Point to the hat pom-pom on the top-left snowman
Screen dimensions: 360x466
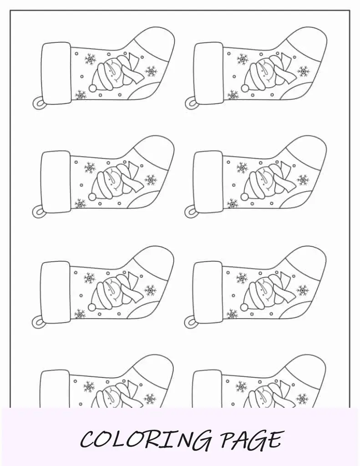[x=93, y=88]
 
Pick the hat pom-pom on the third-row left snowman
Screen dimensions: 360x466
[x=92, y=306]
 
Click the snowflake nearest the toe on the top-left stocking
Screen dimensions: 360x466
[x=151, y=71]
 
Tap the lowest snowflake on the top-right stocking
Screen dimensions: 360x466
[x=233, y=96]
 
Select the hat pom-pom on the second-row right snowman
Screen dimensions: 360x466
[x=245, y=197]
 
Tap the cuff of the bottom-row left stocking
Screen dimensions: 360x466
[x=56, y=390]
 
